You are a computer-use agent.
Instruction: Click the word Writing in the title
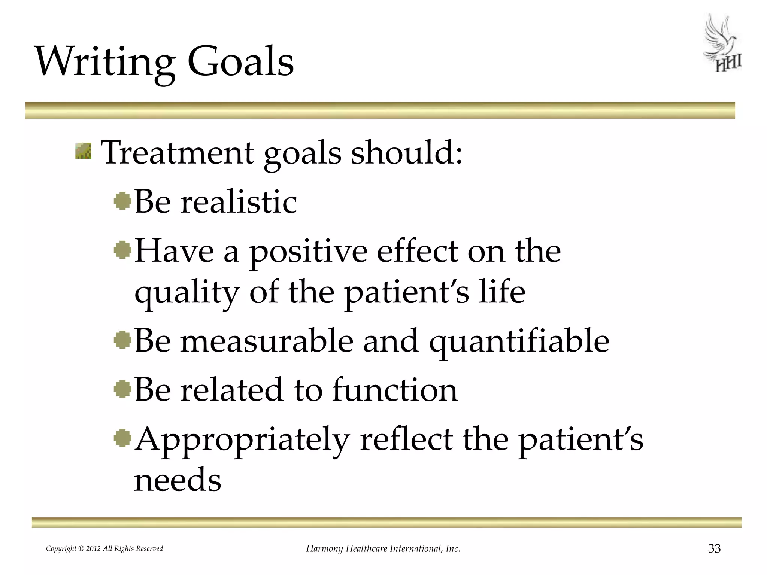(105, 62)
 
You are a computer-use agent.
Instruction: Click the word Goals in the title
(240, 62)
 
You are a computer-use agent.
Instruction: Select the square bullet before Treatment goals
(83, 151)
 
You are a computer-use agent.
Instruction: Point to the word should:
(407, 152)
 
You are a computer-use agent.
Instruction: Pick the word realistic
(239, 202)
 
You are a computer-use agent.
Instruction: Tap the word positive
(308, 252)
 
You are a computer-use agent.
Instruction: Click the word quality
(187, 293)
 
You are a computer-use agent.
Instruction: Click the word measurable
(267, 341)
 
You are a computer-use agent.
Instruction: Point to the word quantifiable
(519, 341)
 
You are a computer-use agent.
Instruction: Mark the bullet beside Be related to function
(122, 389)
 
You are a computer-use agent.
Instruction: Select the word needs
(178, 480)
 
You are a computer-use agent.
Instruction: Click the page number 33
(714, 548)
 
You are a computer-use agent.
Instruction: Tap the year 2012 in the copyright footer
(94, 549)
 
